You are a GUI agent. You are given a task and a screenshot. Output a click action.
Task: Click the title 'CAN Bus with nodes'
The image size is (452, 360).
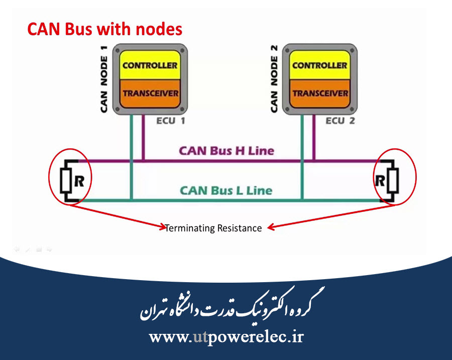tap(104, 29)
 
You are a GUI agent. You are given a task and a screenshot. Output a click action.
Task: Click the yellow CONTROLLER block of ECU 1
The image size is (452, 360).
tap(150, 65)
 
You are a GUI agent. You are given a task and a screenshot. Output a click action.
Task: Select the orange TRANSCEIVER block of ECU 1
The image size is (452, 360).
tap(150, 93)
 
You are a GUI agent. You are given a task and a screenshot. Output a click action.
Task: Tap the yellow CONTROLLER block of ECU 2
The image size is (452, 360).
tap(319, 65)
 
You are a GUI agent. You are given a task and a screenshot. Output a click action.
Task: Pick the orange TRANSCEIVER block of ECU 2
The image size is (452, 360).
tap(320, 93)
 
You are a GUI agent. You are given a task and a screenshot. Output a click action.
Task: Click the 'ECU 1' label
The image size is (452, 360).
tap(171, 121)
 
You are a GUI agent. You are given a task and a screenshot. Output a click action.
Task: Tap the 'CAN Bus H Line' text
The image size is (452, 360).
tap(227, 150)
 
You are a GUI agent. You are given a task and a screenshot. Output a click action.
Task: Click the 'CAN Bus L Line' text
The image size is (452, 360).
tap(226, 190)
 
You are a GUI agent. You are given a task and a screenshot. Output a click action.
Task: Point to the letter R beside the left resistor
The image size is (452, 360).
tap(78, 181)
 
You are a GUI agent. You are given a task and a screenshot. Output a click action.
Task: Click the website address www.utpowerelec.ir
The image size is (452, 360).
tap(226, 337)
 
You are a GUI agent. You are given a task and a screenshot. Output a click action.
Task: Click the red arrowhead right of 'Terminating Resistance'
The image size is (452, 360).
tap(271, 227)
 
